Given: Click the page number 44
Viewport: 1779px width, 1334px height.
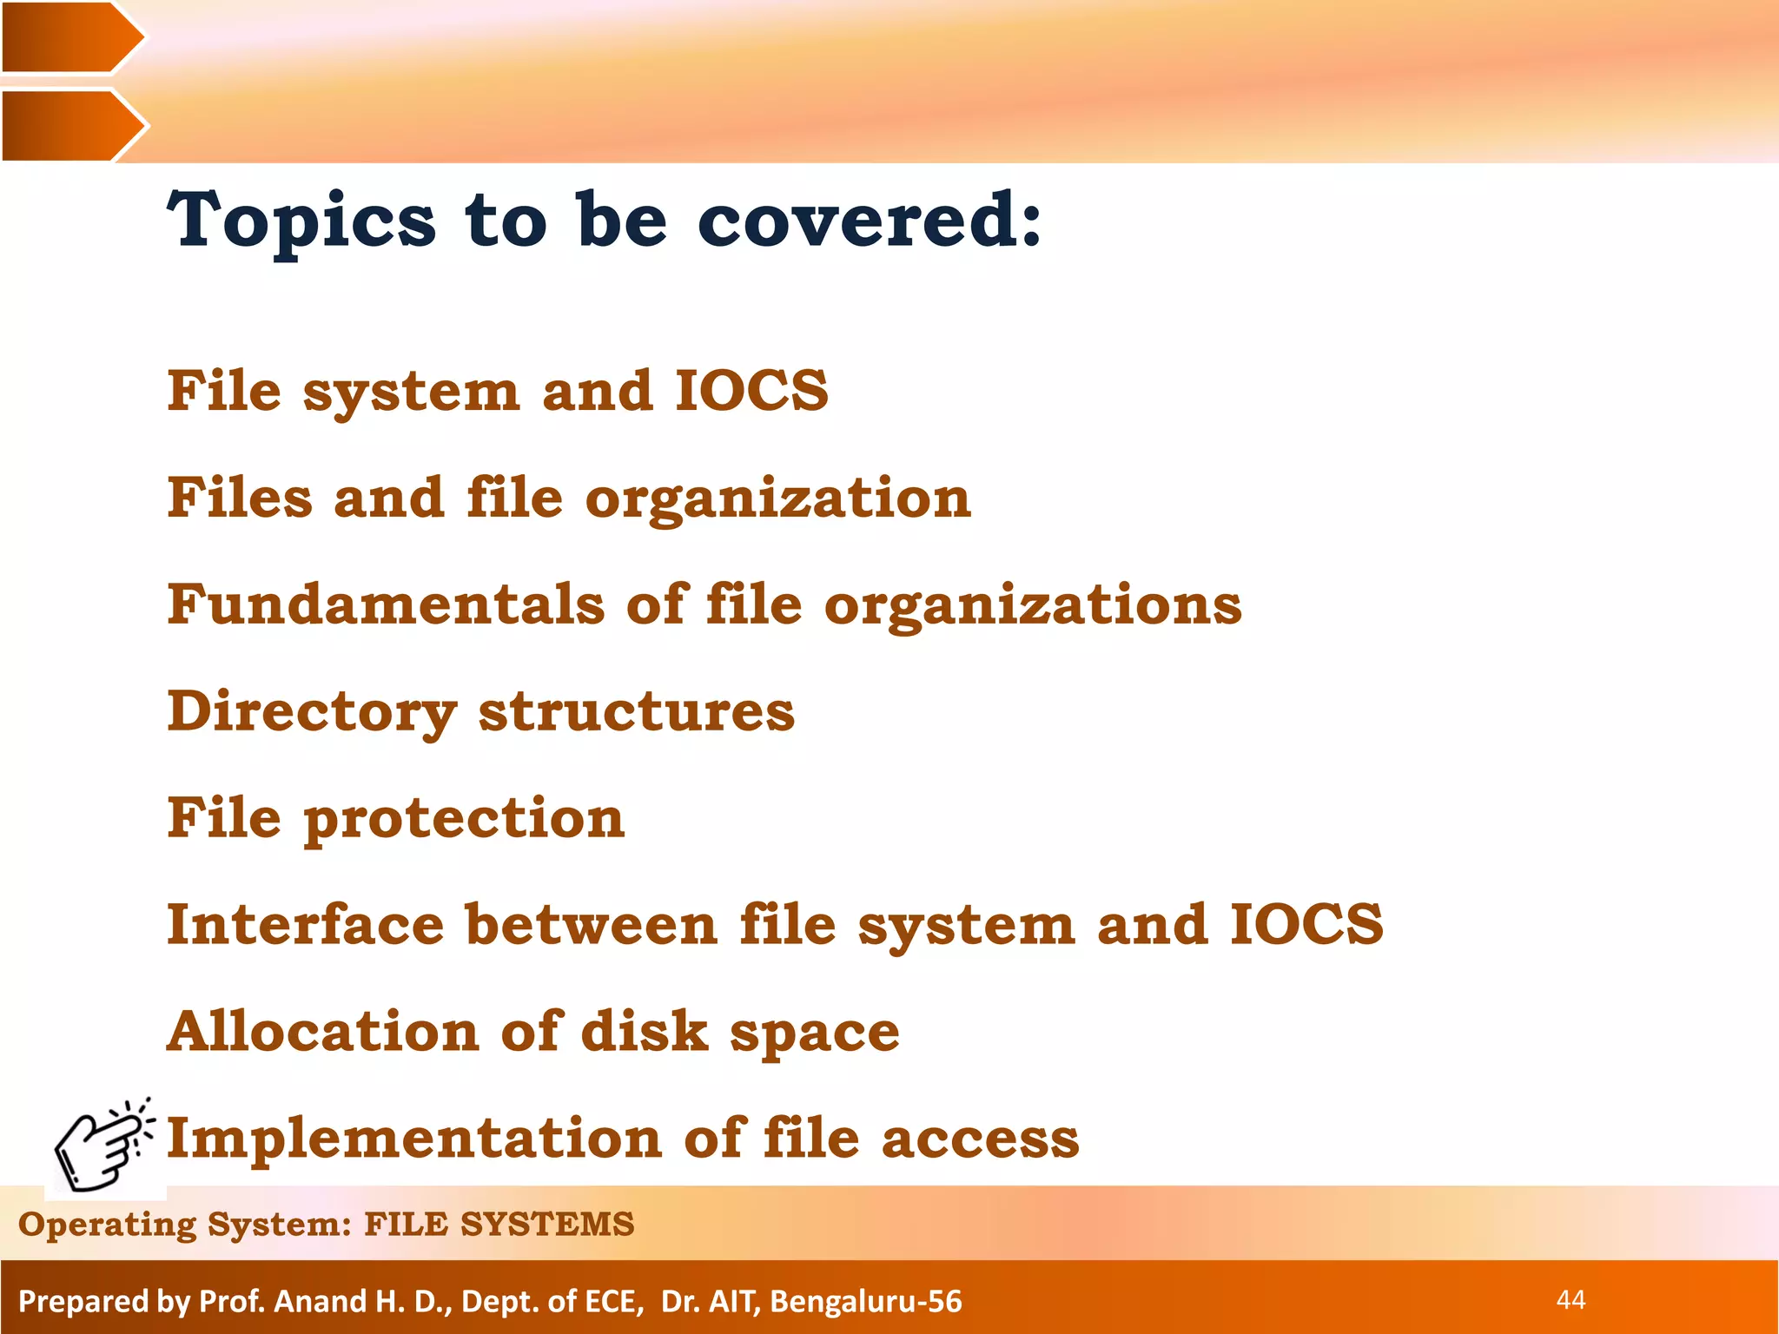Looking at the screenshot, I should pyautogui.click(x=1571, y=1299).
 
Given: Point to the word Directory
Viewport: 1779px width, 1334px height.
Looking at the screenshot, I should pyautogui.click(x=311, y=713).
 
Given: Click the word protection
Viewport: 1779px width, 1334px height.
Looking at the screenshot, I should pyautogui.click(x=464, y=820).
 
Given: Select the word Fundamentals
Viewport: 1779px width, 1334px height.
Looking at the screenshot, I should pyautogui.click(x=386, y=604).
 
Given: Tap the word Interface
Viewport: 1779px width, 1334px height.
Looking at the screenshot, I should pyautogui.click(x=305, y=924).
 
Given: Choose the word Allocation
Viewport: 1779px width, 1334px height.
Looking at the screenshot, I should pyautogui.click(x=322, y=1031).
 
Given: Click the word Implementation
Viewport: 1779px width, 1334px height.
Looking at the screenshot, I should pyautogui.click(x=414, y=1138).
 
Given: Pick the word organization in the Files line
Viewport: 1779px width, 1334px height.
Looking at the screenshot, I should pyautogui.click(x=778, y=499).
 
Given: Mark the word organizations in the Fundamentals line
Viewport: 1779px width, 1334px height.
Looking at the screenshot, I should pyautogui.click(x=1033, y=604).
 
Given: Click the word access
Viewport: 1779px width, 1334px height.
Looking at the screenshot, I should pyautogui.click(x=980, y=1139).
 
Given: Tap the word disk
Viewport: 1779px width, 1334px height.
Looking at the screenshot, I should pyautogui.click(x=645, y=1031).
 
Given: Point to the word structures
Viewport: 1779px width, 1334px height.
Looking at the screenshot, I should pyautogui.click(x=636, y=712).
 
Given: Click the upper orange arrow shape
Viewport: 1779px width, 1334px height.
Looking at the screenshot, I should pyautogui.click(x=69, y=37).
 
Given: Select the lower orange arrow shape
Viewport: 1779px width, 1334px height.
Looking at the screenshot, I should pyautogui.click(x=69, y=126).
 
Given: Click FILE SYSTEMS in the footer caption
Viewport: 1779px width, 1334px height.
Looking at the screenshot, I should pyautogui.click(x=499, y=1224).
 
